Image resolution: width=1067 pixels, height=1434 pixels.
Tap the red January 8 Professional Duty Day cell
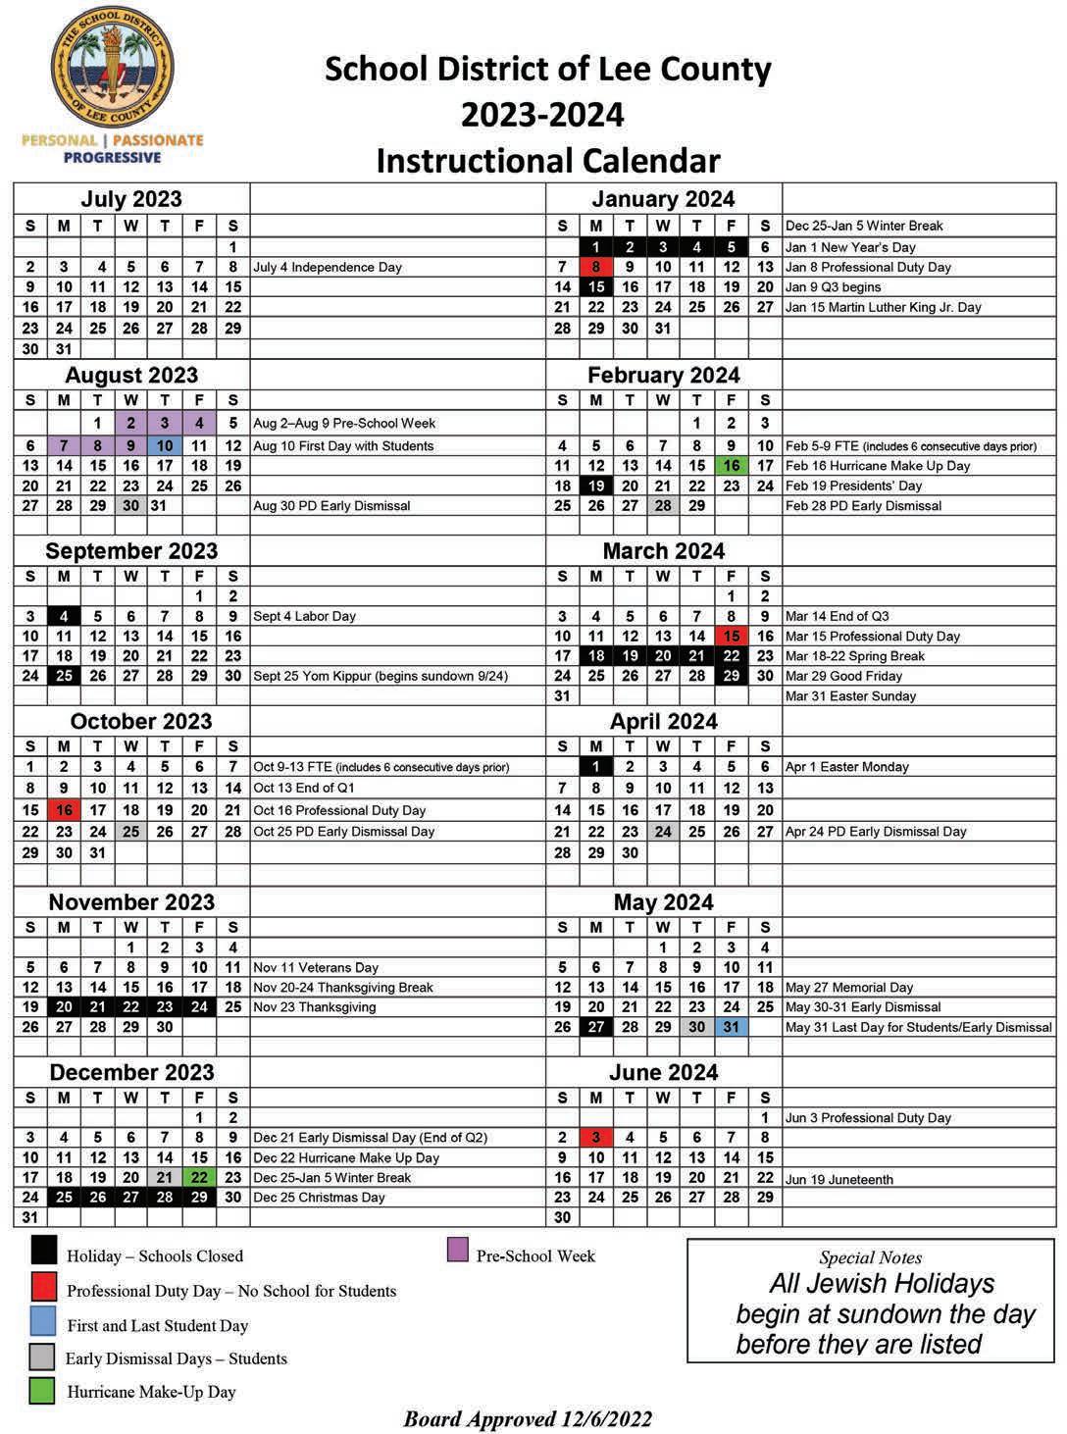(595, 267)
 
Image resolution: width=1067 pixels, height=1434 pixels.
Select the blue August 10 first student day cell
(165, 445)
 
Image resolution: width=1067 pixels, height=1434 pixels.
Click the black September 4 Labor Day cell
(64, 616)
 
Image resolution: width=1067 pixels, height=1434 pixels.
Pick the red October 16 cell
(64, 810)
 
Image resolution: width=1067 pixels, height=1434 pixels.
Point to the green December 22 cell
(199, 1177)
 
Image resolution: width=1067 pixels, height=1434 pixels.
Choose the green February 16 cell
(731, 466)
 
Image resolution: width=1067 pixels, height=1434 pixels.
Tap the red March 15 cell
(731, 636)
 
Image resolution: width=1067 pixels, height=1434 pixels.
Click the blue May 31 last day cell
(731, 1027)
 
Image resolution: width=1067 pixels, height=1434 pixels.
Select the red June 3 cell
(595, 1138)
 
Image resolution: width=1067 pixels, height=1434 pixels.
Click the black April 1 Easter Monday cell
(595, 767)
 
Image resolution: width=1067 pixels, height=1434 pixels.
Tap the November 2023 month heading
(131, 902)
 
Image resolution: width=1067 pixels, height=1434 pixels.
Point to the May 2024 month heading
(663, 902)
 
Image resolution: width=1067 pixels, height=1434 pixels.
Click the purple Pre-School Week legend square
(457, 1250)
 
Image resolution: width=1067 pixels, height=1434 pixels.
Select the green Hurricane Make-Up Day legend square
(42, 1391)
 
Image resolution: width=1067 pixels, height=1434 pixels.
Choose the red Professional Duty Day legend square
(43, 1287)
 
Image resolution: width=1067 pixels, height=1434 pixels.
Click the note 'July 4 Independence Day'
(328, 267)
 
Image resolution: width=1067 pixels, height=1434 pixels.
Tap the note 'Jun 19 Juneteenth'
(838, 1180)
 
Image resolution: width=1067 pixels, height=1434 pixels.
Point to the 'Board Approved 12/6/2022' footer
(528, 1418)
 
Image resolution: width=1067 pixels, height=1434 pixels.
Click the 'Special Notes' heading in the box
(870, 1257)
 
